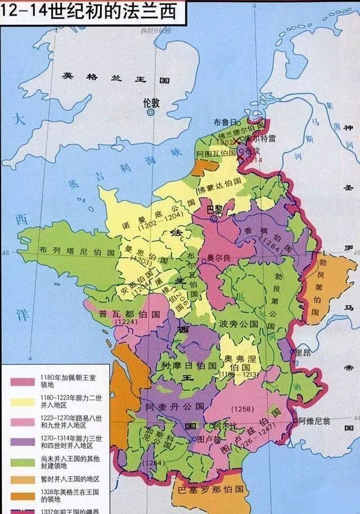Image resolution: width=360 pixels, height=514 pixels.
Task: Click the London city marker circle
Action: tap(150, 113)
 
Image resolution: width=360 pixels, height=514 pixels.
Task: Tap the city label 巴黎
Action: tap(215, 209)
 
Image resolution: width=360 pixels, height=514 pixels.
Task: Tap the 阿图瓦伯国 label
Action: tap(215, 153)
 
